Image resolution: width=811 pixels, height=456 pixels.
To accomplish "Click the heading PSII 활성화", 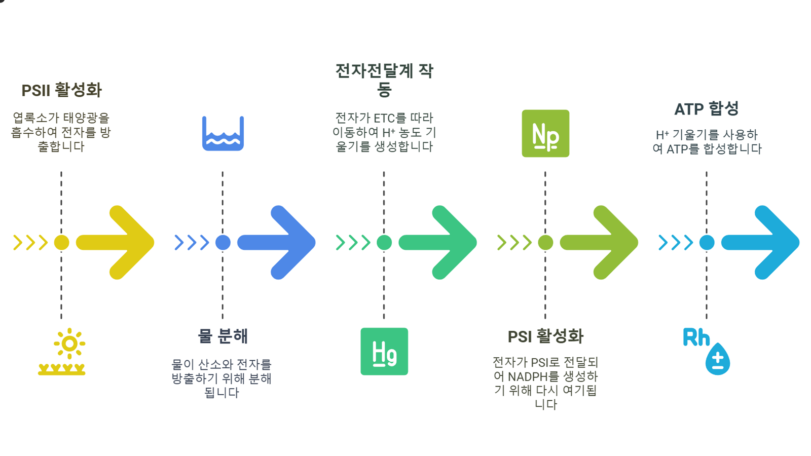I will click(x=61, y=90).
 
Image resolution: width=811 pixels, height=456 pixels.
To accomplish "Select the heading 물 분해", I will click(x=223, y=336).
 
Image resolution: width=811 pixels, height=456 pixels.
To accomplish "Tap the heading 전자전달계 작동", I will click(x=384, y=80).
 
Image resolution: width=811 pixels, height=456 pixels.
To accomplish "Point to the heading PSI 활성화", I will click(x=545, y=336).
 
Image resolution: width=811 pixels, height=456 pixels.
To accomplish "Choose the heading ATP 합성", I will click(x=706, y=108).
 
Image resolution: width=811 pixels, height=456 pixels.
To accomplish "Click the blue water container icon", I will click(x=223, y=134).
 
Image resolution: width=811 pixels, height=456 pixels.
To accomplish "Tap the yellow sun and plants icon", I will click(x=62, y=352).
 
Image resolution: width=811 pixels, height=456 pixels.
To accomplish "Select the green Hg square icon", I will click(x=384, y=351).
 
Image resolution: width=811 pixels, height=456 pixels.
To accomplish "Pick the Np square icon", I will click(x=545, y=133).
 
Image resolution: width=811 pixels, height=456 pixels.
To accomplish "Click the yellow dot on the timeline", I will click(x=61, y=242).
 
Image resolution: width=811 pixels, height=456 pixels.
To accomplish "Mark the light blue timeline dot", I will click(x=707, y=242).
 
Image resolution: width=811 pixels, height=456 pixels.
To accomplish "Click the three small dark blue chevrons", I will click(x=192, y=242).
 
